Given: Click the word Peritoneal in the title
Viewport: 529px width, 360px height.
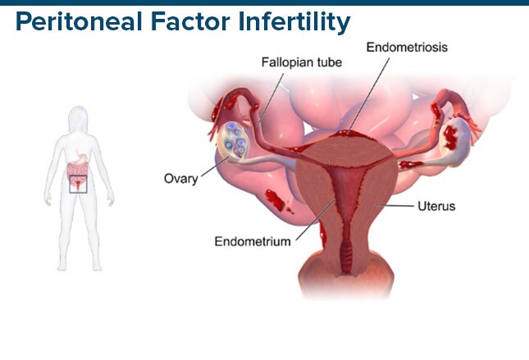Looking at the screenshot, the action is [78, 22].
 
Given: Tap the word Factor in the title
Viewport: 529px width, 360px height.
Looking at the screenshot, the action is [190, 21].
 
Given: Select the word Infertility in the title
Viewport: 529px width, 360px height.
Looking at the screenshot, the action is [294, 22].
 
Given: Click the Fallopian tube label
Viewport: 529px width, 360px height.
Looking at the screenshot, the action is [302, 62].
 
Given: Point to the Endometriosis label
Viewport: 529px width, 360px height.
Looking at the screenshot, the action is [407, 48].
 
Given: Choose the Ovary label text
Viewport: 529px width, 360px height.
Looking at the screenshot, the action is [180, 179].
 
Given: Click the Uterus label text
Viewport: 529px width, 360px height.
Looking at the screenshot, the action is [436, 206].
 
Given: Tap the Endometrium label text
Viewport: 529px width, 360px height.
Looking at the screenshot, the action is [253, 242].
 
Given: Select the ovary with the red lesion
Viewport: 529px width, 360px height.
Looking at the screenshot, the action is [454, 140].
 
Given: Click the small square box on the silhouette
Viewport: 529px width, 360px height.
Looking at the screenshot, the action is [78, 185].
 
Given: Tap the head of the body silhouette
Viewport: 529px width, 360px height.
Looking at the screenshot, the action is [78, 119].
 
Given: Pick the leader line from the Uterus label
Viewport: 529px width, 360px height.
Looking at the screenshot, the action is [394, 205].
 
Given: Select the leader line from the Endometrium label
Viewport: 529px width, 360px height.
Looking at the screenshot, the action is [316, 220].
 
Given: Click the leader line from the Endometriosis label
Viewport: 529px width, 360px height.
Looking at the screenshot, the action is [368, 95].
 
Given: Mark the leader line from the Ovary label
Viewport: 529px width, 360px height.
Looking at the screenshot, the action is [215, 166].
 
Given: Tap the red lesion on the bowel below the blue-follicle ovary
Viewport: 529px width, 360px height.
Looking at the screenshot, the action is [276, 200].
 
